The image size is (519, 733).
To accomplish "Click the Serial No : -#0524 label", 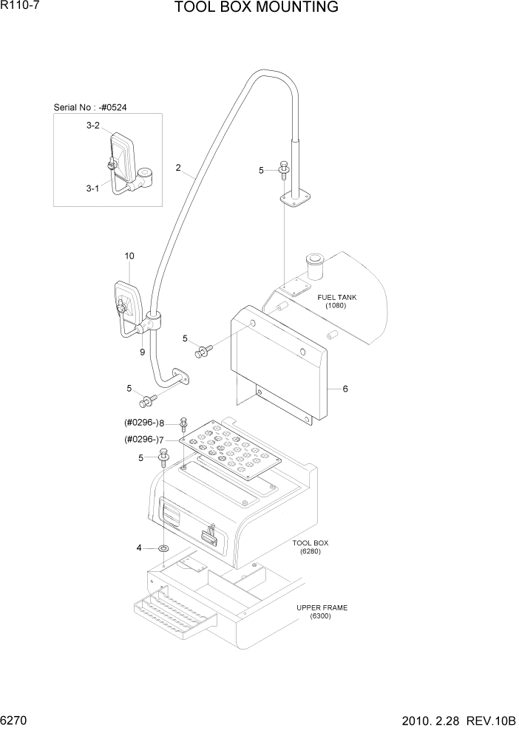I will (x=90, y=107).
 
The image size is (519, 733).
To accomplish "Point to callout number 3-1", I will (x=92, y=188).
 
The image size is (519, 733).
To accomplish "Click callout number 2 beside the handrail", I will (x=178, y=168).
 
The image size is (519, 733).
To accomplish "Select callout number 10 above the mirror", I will (x=129, y=256).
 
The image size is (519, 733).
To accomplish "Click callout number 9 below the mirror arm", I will (x=143, y=352).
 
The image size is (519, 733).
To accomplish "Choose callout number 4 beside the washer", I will (x=138, y=548).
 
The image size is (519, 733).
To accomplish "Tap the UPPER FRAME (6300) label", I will (x=322, y=612).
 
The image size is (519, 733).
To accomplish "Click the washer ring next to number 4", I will (x=163, y=548).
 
